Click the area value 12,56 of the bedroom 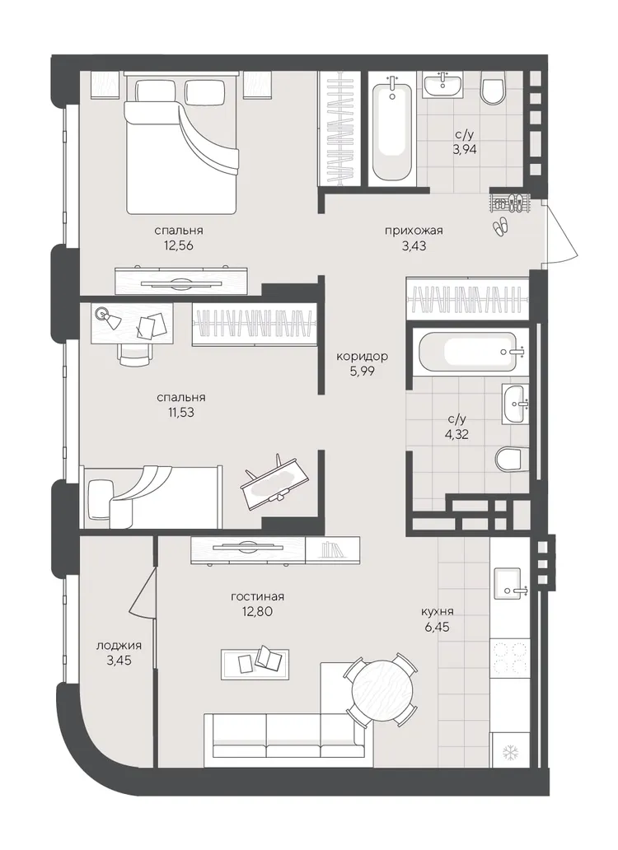[179, 245]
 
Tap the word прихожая [414, 231]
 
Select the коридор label [362, 357]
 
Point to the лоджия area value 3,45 [119, 660]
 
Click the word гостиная [257, 597]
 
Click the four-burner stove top [508, 658]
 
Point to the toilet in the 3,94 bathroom [493, 90]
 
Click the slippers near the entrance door [501, 226]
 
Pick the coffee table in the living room [255, 664]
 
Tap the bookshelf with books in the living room [332, 550]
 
